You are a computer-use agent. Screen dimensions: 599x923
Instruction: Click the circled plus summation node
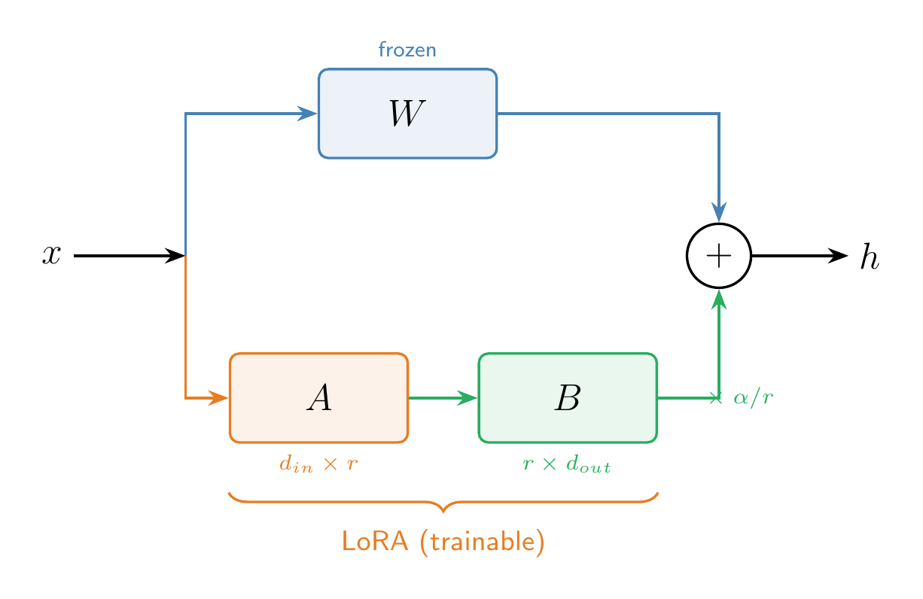click(719, 256)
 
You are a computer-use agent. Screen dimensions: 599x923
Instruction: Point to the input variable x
click(50, 256)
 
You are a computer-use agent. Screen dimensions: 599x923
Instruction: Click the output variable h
click(870, 257)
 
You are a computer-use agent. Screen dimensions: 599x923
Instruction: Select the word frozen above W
click(407, 51)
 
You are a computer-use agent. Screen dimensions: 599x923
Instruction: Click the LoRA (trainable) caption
click(443, 542)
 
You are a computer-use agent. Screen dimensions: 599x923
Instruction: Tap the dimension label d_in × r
click(318, 464)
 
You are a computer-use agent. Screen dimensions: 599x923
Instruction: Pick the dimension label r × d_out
click(567, 464)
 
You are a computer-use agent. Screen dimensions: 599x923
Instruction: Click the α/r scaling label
click(753, 398)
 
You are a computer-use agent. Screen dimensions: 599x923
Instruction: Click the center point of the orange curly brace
click(443, 509)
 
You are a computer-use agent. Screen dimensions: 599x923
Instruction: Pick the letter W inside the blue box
click(407, 114)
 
